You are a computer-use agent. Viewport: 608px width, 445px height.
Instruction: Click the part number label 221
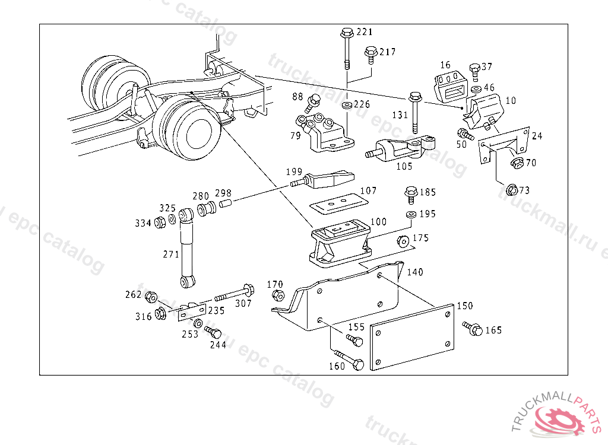(x=365, y=32)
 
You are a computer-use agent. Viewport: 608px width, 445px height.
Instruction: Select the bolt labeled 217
(x=371, y=55)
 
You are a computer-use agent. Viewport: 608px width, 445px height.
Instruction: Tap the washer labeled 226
(x=347, y=105)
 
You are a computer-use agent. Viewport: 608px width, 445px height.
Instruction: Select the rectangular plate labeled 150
(x=412, y=337)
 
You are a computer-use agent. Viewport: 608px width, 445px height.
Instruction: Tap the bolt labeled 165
(x=472, y=328)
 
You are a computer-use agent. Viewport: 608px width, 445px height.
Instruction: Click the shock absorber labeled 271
(x=187, y=248)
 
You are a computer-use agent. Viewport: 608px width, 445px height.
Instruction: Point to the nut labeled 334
(x=160, y=223)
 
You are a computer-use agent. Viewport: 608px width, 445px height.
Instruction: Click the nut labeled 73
(x=512, y=190)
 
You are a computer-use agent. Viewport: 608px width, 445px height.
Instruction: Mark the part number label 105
(x=404, y=166)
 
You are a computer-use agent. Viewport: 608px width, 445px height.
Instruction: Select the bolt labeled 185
(x=411, y=195)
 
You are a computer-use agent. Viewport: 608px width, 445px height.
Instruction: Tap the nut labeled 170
(x=278, y=295)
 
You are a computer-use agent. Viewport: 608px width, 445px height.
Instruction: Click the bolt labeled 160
(x=349, y=360)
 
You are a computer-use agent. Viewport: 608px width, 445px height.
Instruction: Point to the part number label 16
(x=445, y=65)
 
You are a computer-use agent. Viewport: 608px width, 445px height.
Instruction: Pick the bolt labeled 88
(x=312, y=103)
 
